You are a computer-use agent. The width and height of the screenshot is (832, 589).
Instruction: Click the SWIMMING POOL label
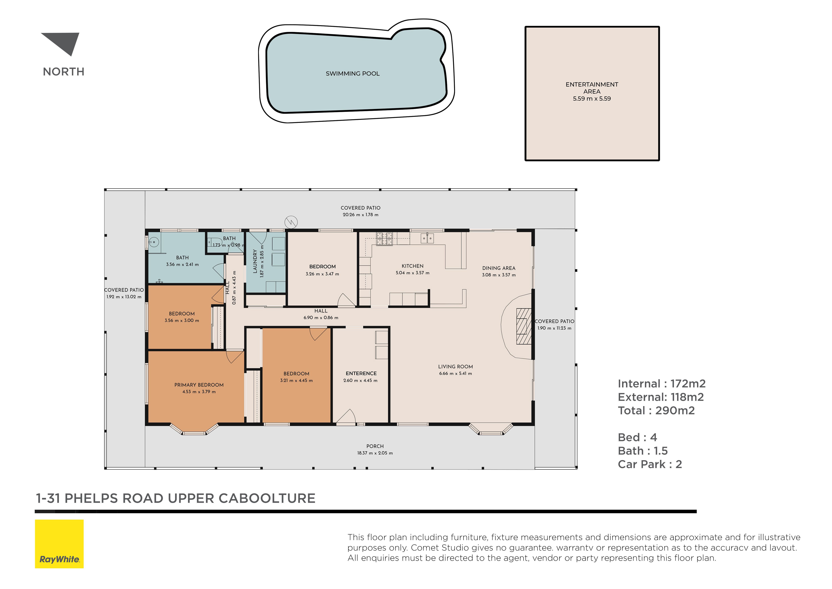tap(353, 74)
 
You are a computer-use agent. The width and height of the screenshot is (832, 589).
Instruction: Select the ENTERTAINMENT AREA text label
tap(592, 88)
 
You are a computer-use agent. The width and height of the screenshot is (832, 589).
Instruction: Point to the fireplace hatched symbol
tap(524, 326)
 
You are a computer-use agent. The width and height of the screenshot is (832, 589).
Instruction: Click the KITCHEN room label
tap(412, 266)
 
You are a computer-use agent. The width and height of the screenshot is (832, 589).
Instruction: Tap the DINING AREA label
tap(499, 268)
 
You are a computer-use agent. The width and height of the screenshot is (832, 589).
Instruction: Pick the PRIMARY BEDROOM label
tap(199, 385)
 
